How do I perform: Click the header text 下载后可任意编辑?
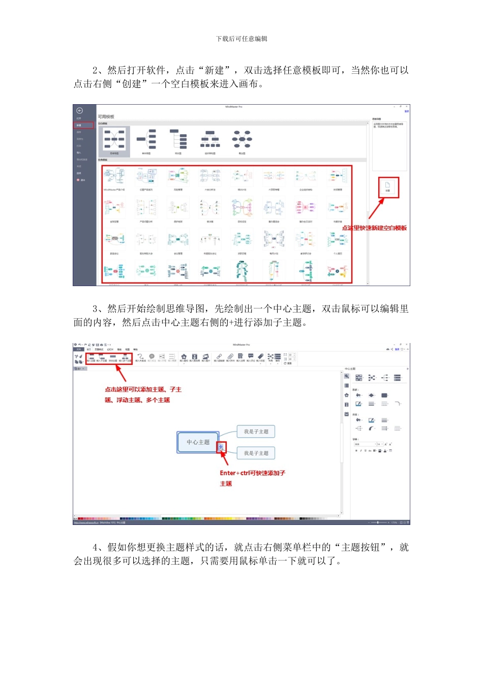tap(242, 39)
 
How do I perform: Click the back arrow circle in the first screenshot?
tap(79, 110)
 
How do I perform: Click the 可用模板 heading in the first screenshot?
tap(106, 117)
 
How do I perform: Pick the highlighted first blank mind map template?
tap(114, 140)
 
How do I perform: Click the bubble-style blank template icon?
tap(242, 139)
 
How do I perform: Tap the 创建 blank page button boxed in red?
tap(387, 187)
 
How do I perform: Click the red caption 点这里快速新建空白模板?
tap(374, 228)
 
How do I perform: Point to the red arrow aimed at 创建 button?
tap(376, 208)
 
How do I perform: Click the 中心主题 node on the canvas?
tap(198, 442)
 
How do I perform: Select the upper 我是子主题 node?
tap(256, 431)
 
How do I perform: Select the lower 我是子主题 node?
tap(256, 453)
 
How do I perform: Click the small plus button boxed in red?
tap(221, 448)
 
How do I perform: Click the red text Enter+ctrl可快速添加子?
tap(252, 473)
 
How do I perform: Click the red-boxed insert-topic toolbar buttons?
tap(109, 359)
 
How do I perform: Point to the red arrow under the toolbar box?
tap(121, 374)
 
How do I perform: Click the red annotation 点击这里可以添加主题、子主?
tap(143, 390)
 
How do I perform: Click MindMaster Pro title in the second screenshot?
tap(242, 345)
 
